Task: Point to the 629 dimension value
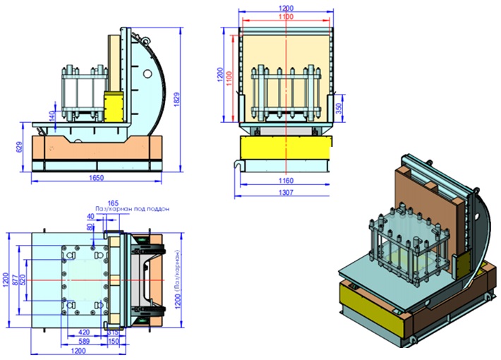20,148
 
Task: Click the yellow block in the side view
114,104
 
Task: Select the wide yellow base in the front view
285,150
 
